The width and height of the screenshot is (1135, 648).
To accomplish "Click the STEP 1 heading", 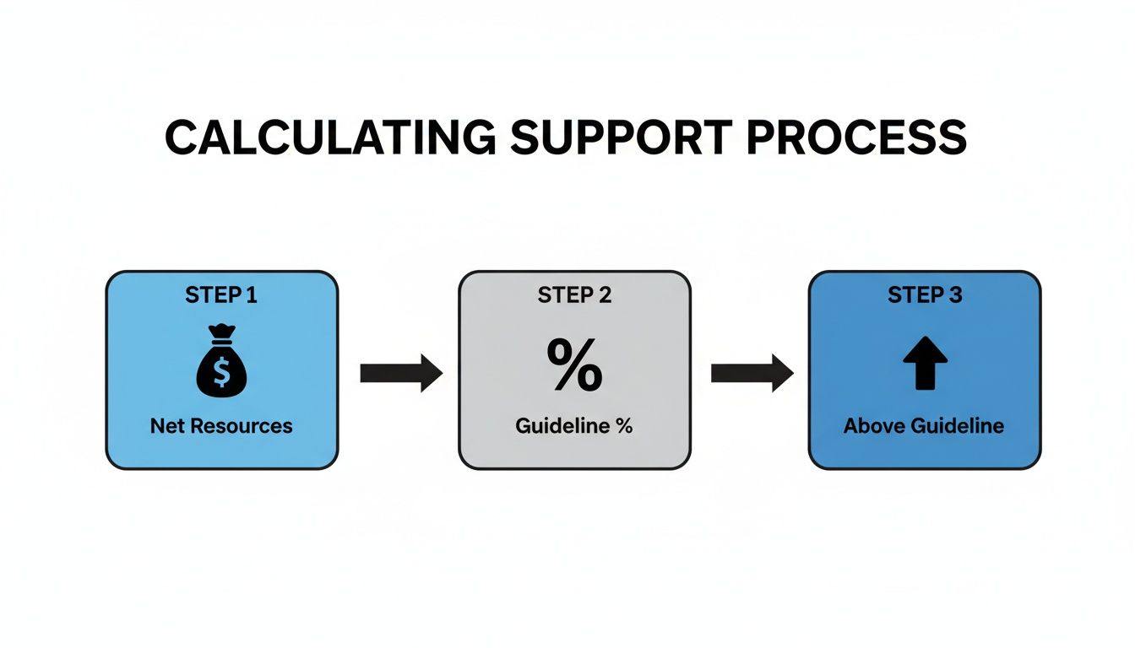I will pyautogui.click(x=221, y=295).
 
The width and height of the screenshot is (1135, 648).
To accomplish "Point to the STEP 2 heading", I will pyautogui.click(x=574, y=295).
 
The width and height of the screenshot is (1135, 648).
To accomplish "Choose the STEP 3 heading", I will pyautogui.click(x=925, y=295).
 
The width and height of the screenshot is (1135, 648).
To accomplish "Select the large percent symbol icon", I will pyautogui.click(x=574, y=364).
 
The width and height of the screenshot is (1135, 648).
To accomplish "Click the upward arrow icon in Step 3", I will pyautogui.click(x=925, y=364).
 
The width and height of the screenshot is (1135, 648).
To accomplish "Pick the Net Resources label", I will pyautogui.click(x=221, y=426).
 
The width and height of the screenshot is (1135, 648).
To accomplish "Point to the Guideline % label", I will pyautogui.click(x=574, y=426).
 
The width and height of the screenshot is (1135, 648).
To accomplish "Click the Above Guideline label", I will pyautogui.click(x=924, y=426).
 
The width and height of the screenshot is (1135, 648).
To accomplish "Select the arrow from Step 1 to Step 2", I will pyautogui.click(x=400, y=373).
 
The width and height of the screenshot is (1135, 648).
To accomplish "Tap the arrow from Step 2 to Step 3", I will pyautogui.click(x=751, y=373).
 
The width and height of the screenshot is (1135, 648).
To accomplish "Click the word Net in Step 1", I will pyautogui.click(x=167, y=426).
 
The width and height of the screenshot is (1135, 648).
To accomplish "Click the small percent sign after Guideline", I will pyautogui.click(x=624, y=426).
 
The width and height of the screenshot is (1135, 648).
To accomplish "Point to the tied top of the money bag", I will pyautogui.click(x=221, y=334).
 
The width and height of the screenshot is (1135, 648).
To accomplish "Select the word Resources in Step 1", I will pyautogui.click(x=242, y=426).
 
